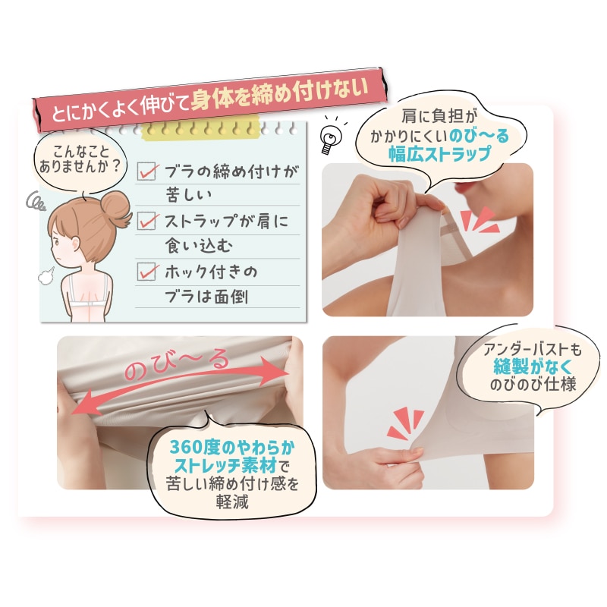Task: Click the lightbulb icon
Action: tap(331, 137)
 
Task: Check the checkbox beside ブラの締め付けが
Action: tap(146, 171)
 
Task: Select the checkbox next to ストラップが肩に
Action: tap(146, 221)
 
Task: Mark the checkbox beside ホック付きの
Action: tap(146, 271)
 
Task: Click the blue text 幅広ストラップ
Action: tap(440, 154)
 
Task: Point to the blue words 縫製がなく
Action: tap(533, 366)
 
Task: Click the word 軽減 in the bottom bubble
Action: tap(232, 502)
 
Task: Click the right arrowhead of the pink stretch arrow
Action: tap(275, 370)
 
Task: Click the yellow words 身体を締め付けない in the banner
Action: tap(279, 94)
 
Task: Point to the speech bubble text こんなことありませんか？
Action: tap(80, 159)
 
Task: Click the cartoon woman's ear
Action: tap(74, 244)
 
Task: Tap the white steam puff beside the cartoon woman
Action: tap(46, 276)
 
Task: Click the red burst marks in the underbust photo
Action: tap(405, 423)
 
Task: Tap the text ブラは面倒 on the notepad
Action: tap(206, 297)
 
